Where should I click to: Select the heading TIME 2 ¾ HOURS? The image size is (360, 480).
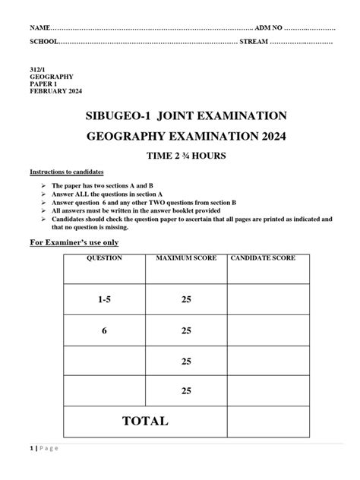[x=180, y=156]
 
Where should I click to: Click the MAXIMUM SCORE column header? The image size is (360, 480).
[x=186, y=259]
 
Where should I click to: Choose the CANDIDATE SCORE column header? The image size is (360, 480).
[x=270, y=259]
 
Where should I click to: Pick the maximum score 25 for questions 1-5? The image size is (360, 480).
[x=186, y=301]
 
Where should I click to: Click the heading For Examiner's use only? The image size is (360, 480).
[x=74, y=242]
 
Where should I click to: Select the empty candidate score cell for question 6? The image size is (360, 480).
[x=270, y=331]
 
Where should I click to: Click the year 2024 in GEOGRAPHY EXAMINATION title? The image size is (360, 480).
[x=267, y=137]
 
